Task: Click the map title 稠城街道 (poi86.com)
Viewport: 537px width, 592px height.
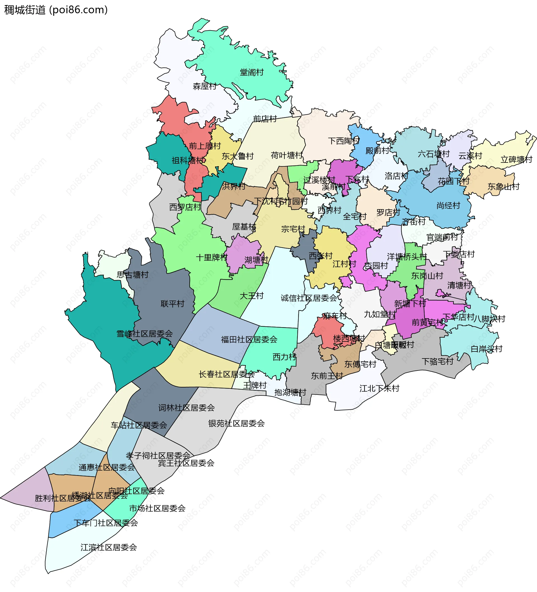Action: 56,10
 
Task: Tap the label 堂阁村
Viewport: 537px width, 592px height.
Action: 252,72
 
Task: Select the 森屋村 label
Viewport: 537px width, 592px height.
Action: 204,86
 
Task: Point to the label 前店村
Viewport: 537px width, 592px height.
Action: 265,119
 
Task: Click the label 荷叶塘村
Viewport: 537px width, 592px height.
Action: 286,155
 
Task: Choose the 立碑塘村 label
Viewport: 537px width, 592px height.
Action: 516,160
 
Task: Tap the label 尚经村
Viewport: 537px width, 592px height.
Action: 448,206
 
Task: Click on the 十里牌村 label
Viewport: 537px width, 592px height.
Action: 211,258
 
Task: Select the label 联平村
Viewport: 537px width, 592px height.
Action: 173,304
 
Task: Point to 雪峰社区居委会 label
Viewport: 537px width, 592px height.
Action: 145,334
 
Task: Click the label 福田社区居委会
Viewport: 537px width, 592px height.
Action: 249,339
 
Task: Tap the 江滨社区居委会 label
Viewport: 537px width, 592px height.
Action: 109,547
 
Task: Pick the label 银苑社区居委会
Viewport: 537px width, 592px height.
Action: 237,423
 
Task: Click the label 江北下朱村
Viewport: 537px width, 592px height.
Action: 379,388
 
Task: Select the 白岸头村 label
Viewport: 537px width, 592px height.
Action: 486,349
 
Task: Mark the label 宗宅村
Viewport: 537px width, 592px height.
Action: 293,229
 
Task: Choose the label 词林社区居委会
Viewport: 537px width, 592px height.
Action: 187,408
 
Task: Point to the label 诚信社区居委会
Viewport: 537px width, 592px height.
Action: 309,298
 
